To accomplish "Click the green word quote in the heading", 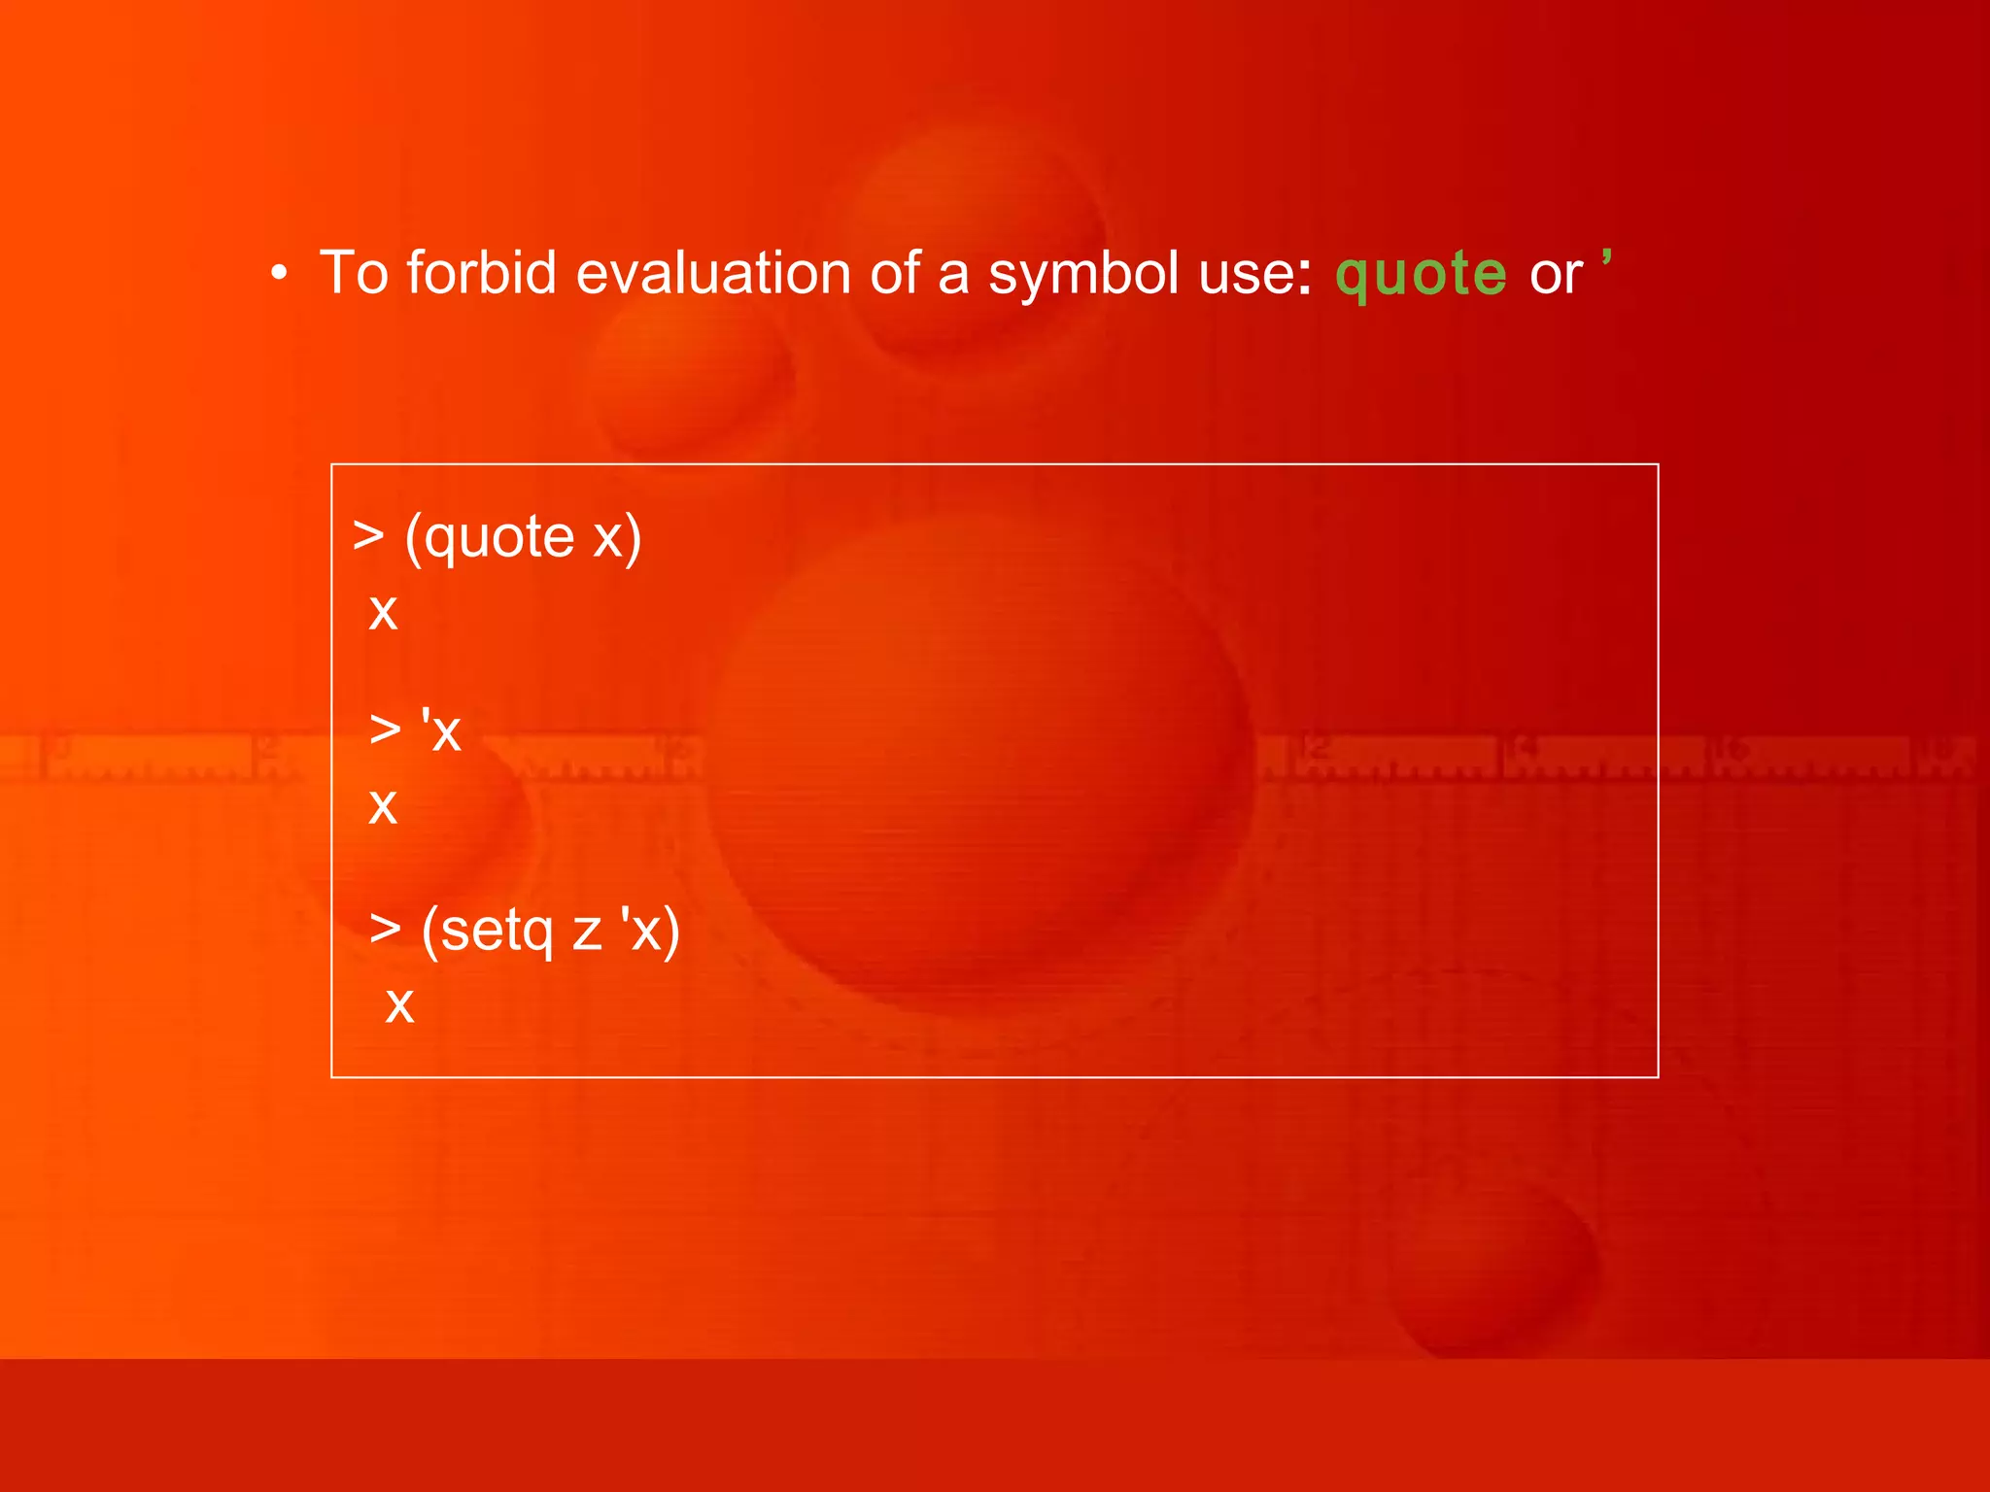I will point(1421,274).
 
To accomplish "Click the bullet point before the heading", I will point(280,275).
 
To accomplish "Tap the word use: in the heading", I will point(1254,274).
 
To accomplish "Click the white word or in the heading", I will point(1556,275).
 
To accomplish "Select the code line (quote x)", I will point(522,537).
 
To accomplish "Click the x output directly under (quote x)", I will point(383,613).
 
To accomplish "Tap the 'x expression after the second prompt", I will point(440,729).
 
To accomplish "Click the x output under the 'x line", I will point(383,806).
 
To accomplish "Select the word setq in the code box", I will point(497,931).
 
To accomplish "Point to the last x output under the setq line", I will point(399,1005).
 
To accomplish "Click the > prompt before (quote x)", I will point(368,535).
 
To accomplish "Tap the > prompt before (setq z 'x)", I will point(385,929).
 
